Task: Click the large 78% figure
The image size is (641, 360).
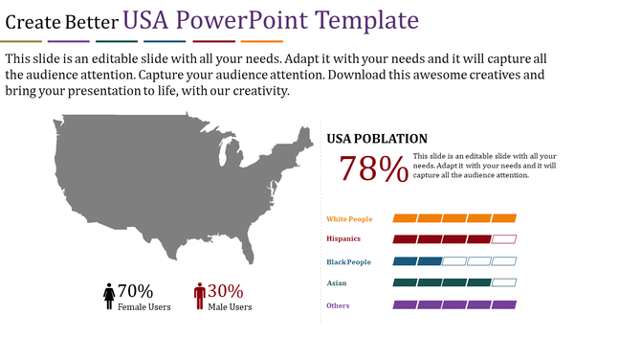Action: [373, 169]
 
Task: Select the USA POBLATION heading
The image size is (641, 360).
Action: [377, 139]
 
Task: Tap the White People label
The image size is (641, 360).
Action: [349, 219]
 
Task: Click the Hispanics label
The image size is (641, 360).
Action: [344, 239]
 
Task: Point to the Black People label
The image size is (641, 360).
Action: [348, 261]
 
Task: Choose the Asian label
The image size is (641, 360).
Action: [337, 283]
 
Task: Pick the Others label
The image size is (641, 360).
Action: [338, 305]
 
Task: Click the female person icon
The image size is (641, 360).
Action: [109, 297]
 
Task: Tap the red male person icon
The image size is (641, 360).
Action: [200, 297]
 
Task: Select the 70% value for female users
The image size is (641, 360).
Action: [135, 291]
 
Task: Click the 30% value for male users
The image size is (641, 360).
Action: [226, 291]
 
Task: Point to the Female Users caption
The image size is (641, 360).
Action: [144, 307]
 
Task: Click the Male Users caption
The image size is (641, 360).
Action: [231, 307]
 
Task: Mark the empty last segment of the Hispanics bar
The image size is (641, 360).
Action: [504, 239]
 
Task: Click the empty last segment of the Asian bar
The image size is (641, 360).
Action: [504, 282]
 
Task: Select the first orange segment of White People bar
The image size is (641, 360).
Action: [405, 218]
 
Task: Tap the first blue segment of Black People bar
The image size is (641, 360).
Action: [405, 261]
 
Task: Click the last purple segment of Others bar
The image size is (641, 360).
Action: [504, 304]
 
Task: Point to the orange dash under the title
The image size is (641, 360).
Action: [261, 42]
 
